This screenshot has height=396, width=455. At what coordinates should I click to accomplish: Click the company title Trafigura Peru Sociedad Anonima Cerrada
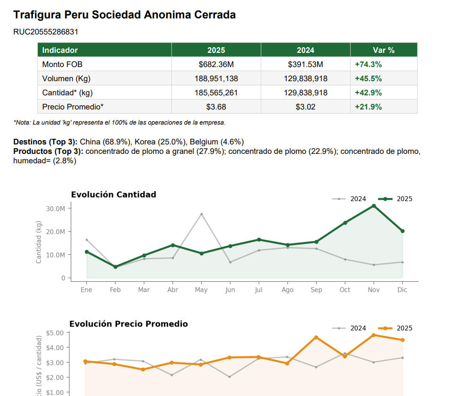[124, 15]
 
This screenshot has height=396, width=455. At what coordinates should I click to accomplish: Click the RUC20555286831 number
[46, 32]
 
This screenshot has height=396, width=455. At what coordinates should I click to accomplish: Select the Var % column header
[383, 50]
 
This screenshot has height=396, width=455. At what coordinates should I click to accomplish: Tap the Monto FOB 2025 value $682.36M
[216, 64]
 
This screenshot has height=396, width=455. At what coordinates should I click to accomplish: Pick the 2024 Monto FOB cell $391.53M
[305, 64]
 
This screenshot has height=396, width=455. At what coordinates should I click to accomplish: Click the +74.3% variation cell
[368, 64]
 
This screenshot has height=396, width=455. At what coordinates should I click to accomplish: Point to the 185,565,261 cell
[216, 93]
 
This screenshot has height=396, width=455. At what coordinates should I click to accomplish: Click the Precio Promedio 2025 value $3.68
[216, 107]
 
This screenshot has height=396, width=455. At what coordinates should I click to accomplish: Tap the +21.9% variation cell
[368, 107]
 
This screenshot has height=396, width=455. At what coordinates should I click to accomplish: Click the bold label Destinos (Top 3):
[45, 142]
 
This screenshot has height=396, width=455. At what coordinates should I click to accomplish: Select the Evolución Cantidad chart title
[113, 194]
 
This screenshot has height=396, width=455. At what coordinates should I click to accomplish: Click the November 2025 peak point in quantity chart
[374, 206]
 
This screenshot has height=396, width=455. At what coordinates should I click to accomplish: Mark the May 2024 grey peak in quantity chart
[201, 214]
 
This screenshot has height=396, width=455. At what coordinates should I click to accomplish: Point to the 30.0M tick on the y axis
[56, 209]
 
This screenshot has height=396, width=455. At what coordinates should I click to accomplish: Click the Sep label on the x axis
[316, 290]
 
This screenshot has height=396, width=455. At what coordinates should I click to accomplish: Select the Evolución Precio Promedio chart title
[129, 324]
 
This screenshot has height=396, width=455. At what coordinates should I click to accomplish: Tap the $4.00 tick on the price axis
[56, 347]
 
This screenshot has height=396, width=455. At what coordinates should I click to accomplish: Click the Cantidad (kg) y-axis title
[39, 242]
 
